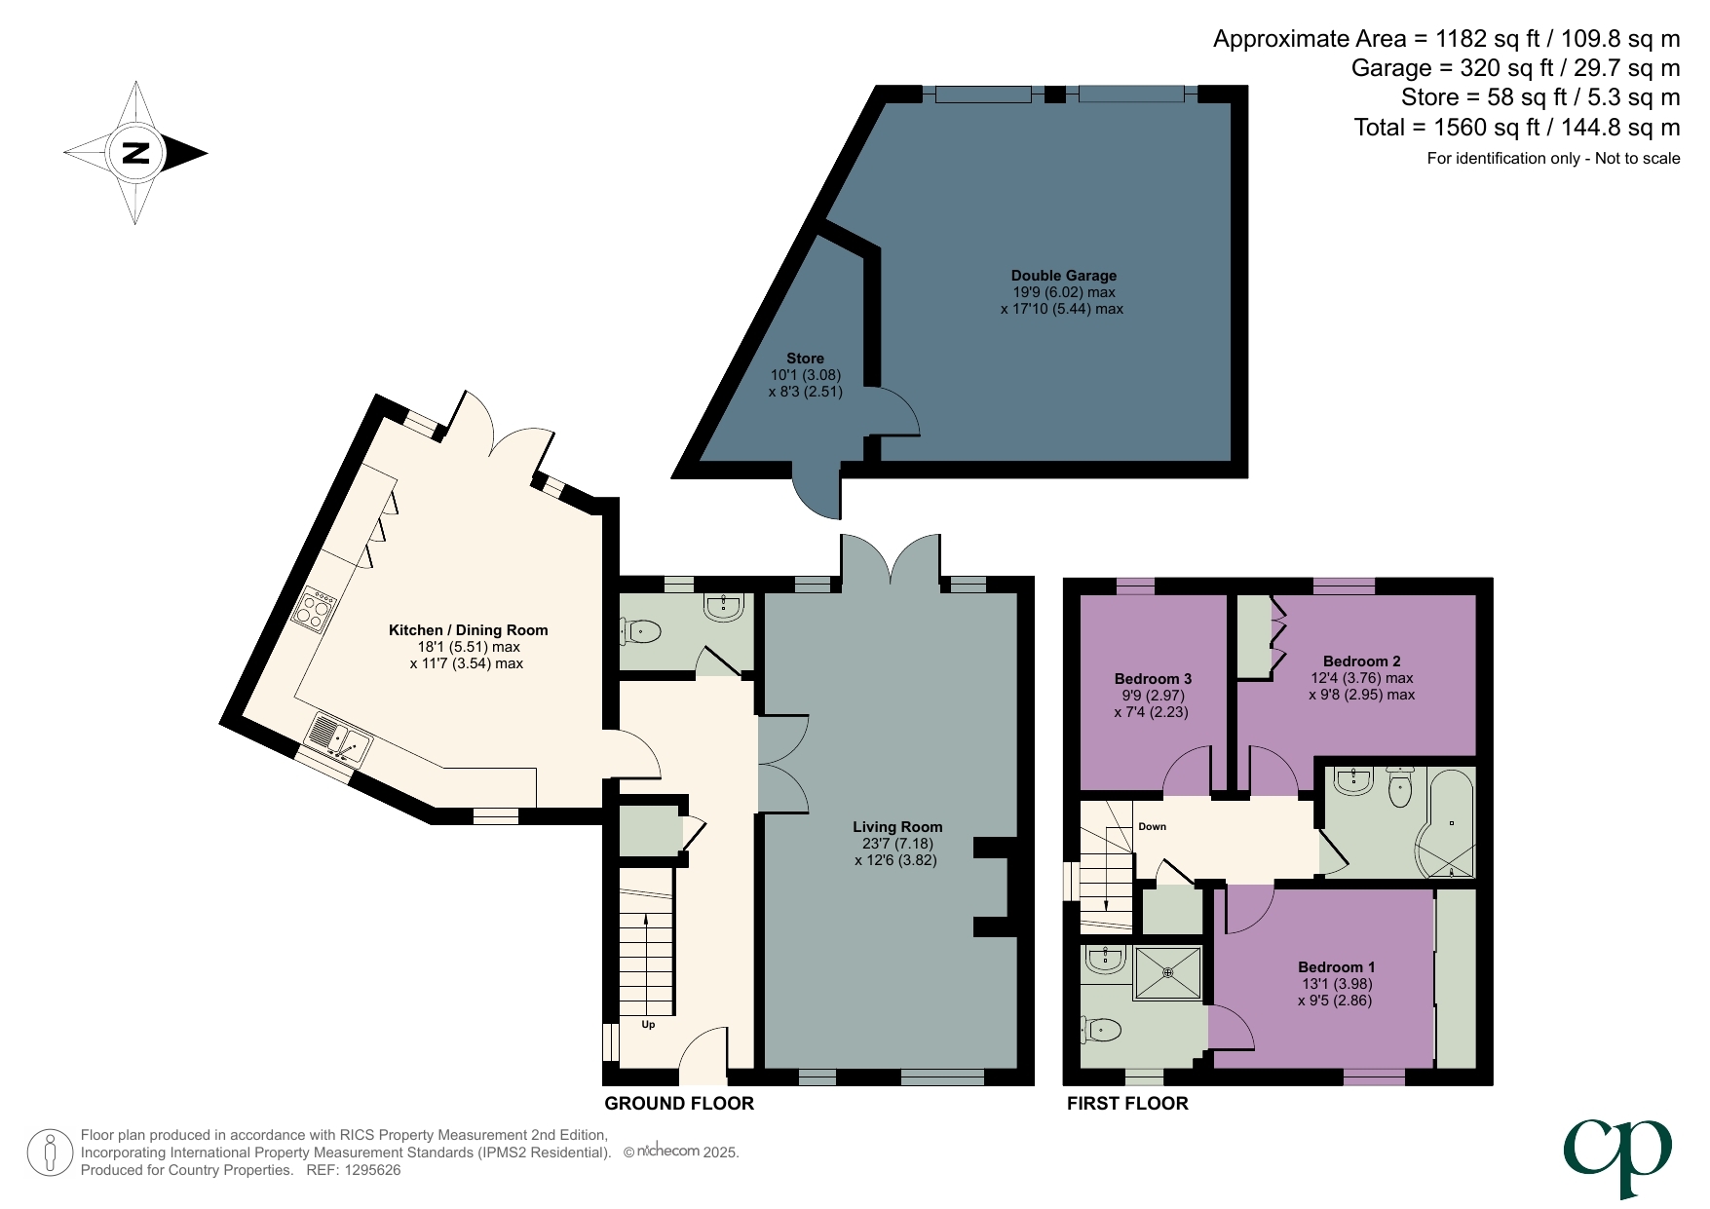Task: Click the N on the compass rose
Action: click(135, 153)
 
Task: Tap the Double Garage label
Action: click(1063, 276)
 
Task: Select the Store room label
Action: click(805, 359)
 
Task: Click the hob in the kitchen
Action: click(315, 610)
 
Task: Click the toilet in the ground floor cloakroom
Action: click(641, 633)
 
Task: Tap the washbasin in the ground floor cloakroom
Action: click(724, 607)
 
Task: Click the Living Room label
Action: click(896, 827)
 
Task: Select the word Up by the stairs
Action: click(648, 1025)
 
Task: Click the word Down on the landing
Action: click(1152, 826)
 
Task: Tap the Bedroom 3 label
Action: click(1153, 679)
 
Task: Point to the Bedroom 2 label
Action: click(1361, 661)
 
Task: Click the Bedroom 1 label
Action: click(1336, 967)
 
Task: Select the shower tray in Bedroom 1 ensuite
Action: click(1167, 972)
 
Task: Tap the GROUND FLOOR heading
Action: click(679, 1104)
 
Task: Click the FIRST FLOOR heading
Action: click(1127, 1104)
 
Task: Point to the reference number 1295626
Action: click(367, 1170)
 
